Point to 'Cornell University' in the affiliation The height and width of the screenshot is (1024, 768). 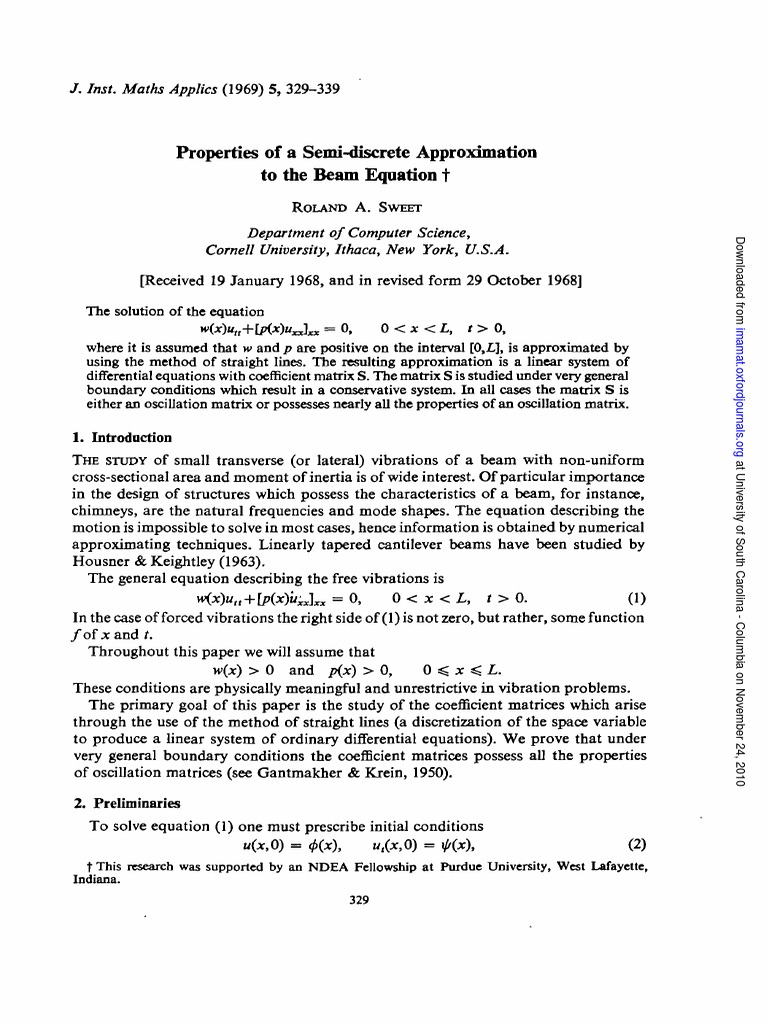click(x=263, y=248)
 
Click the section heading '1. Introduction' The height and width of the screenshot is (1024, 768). click(x=122, y=437)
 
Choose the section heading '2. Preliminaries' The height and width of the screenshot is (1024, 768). click(x=126, y=803)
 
